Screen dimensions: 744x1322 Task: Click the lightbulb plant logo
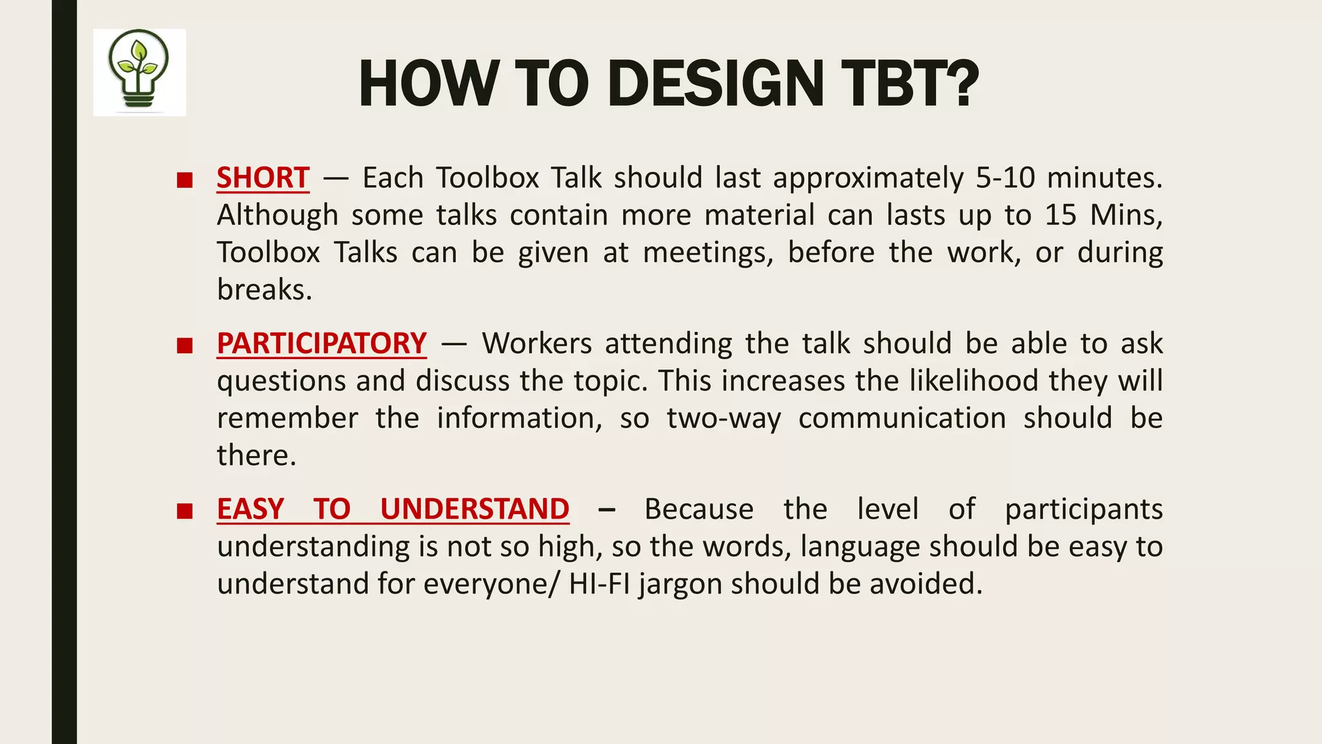pos(139,72)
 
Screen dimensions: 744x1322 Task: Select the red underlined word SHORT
pos(263,178)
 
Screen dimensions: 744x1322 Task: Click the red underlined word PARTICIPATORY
pos(321,344)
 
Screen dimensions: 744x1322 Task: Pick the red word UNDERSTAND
pos(474,510)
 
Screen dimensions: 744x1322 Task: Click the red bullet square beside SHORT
pos(185,180)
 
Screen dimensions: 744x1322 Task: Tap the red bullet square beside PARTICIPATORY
pos(185,346)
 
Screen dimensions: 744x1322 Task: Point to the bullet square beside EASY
pos(185,512)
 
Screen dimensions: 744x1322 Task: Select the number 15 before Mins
pos(1061,215)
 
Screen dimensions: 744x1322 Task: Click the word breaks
pos(264,290)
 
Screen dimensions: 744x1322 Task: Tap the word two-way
pos(724,418)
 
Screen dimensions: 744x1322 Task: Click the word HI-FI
pos(599,584)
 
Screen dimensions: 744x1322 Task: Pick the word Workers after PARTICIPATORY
pos(536,344)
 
